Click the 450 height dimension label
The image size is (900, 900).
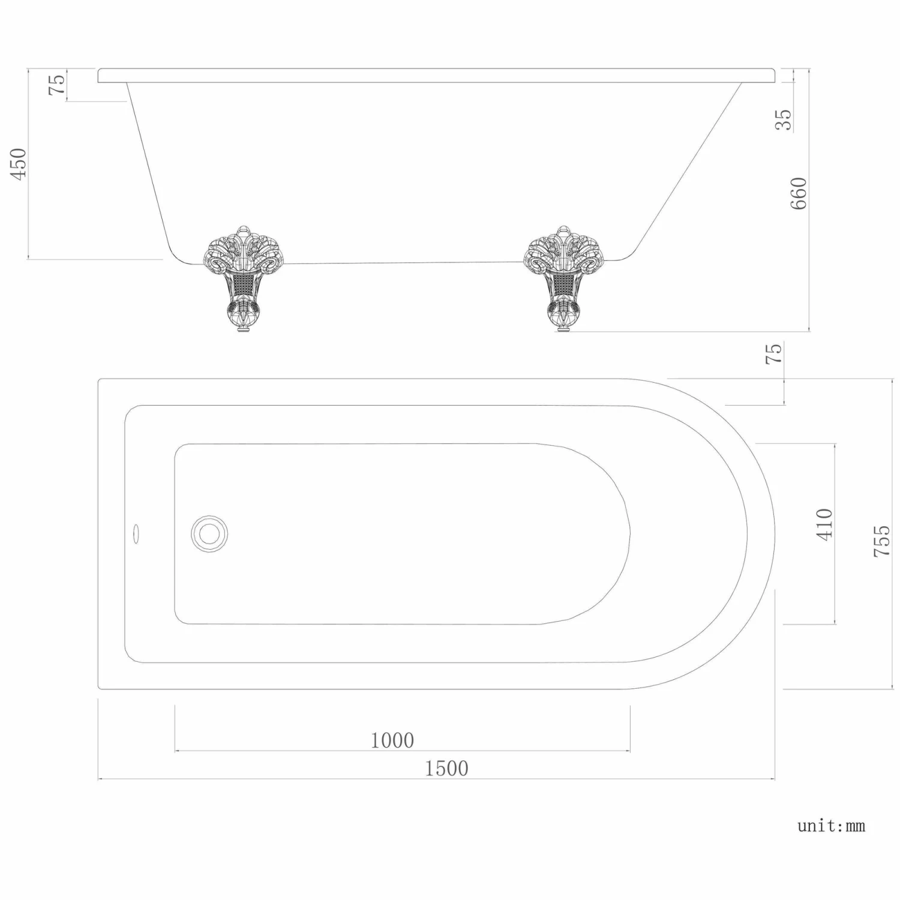[19, 164]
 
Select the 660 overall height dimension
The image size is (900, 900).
[799, 193]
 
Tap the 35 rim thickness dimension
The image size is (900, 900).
[784, 119]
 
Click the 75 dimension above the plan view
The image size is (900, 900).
[775, 353]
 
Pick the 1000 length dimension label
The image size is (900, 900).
[392, 740]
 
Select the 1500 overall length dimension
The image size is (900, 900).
[446, 768]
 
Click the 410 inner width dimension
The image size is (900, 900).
[824, 524]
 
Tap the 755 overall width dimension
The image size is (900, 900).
[881, 541]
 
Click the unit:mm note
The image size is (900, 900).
[831, 826]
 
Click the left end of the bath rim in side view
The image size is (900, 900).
[100, 76]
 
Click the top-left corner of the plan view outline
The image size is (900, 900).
[99, 379]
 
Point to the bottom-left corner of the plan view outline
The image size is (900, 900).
[99, 688]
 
